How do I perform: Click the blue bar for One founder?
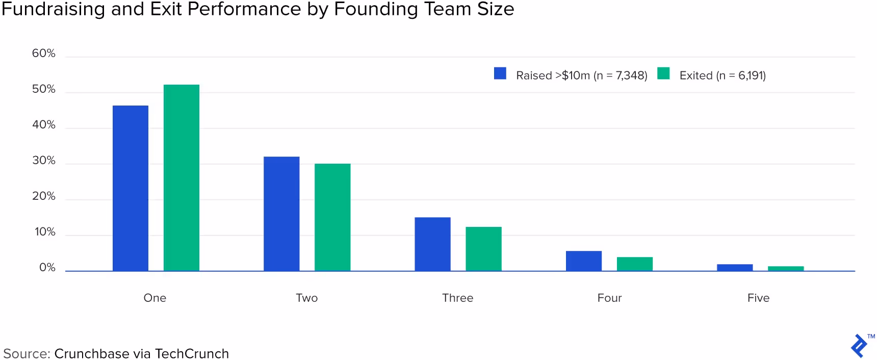click(131, 188)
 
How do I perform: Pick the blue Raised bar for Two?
click(281, 214)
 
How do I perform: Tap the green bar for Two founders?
click(332, 217)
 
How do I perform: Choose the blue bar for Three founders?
click(432, 244)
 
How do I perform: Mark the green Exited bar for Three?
click(483, 249)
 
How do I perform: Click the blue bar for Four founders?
click(584, 261)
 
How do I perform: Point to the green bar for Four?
click(635, 264)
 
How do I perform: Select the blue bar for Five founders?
click(735, 267)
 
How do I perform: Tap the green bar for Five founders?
click(786, 268)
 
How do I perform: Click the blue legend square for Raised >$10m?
click(500, 73)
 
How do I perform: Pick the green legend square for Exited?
click(663, 73)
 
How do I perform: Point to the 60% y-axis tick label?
click(44, 53)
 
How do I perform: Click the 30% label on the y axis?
click(44, 161)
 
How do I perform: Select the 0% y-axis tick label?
click(47, 268)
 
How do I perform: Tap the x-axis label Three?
click(457, 298)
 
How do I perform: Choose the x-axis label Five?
click(758, 298)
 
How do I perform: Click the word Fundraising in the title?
click(54, 9)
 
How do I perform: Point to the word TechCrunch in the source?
click(192, 353)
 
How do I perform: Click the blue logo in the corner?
click(859, 346)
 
